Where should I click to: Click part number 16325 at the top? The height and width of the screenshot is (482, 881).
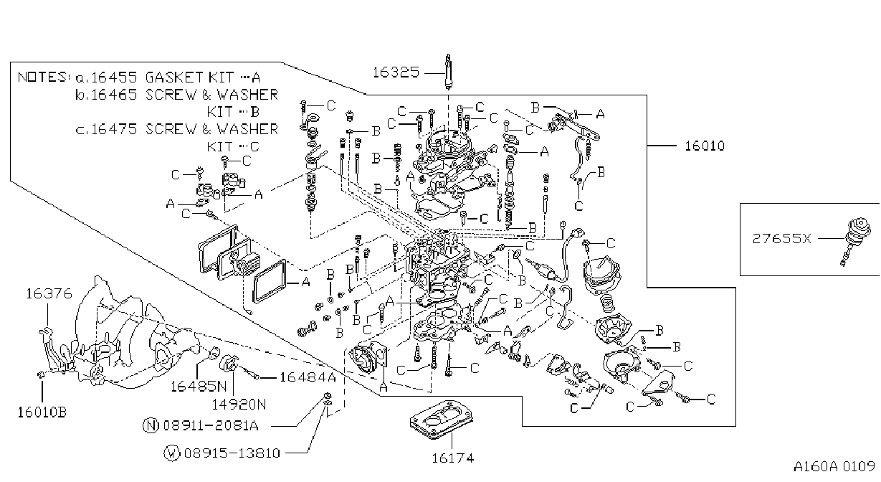pos(396,72)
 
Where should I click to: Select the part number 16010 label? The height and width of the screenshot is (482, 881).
pos(705,146)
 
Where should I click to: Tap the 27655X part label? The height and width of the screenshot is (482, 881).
pos(781,238)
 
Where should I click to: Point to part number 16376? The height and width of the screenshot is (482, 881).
pos(49,293)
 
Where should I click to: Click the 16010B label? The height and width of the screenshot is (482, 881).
pos(42,412)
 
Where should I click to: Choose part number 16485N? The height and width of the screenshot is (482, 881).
pos(199,387)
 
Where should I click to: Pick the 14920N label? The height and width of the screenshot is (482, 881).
pos(239,404)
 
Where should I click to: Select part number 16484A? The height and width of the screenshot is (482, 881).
pos(308,377)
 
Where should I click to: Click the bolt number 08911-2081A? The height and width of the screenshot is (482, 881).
pos(211,425)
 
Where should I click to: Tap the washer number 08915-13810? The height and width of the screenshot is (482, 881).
pos(232,453)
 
